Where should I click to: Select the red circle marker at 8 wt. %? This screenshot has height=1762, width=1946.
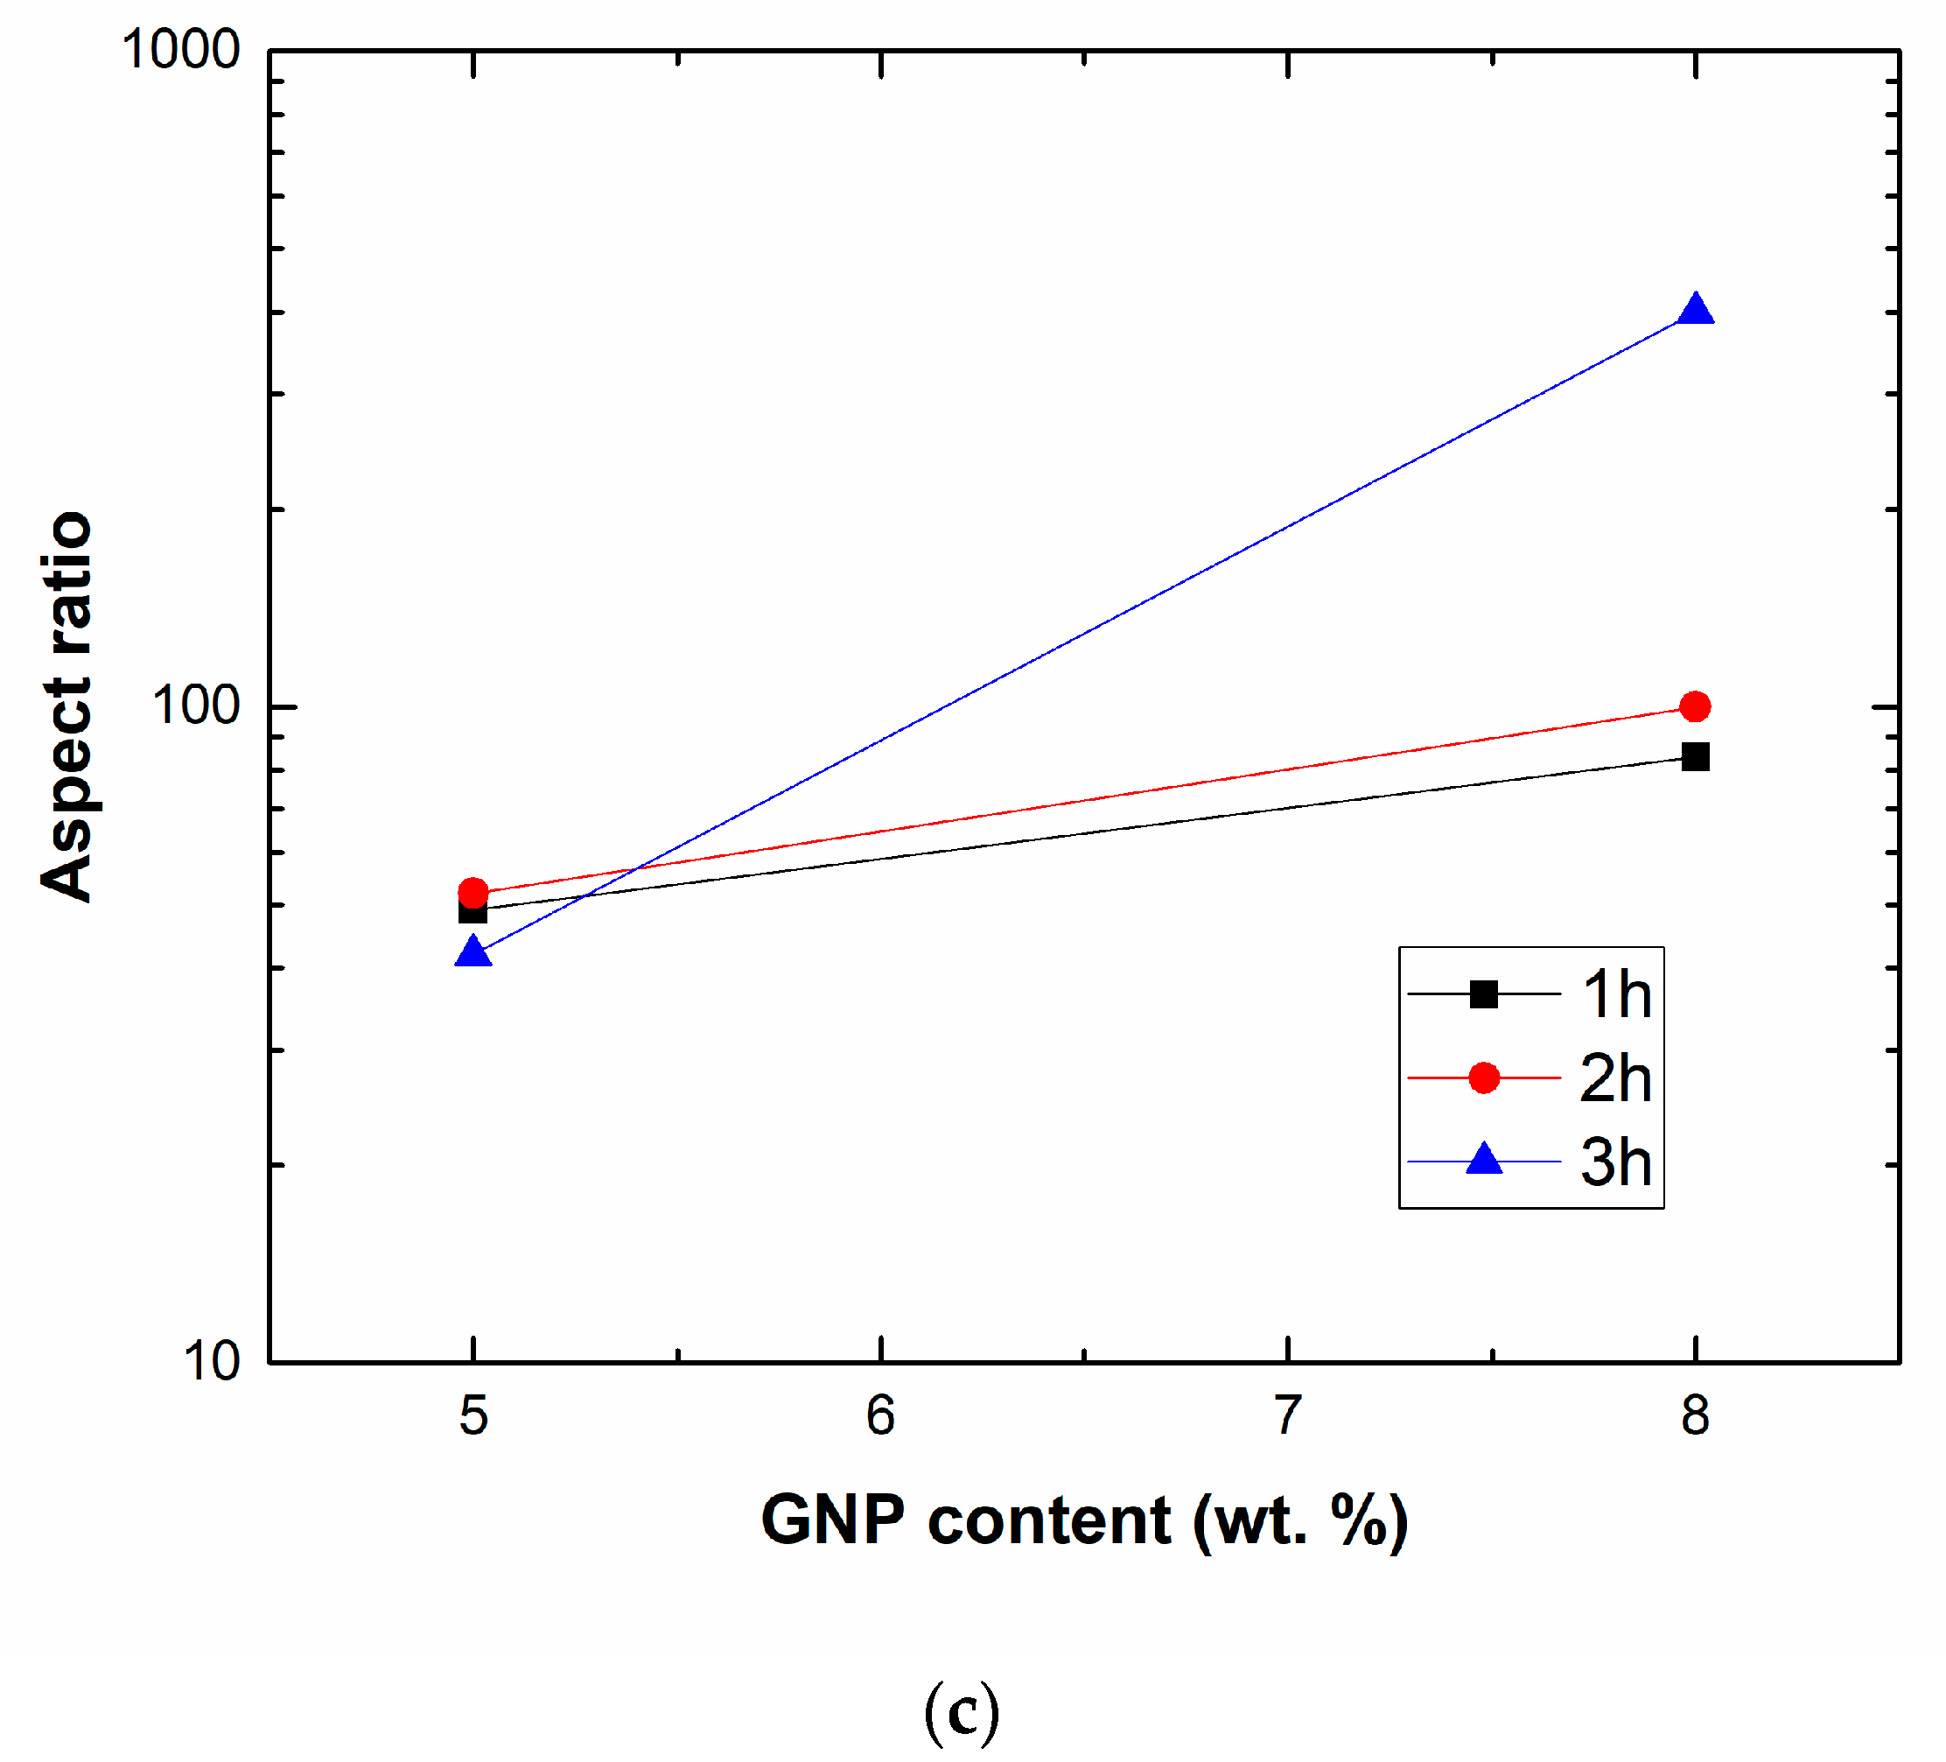[1695, 706]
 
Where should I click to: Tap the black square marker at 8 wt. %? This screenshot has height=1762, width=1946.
[1695, 757]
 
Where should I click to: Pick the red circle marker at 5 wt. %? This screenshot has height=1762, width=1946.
[473, 892]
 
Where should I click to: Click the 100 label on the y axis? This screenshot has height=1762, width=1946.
[196, 706]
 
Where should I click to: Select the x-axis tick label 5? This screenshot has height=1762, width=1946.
[473, 1416]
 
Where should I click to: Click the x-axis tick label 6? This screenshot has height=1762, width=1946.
[880, 1416]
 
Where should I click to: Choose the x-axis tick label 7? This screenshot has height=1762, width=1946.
[1288, 1416]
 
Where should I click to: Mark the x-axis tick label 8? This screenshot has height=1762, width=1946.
[1695, 1416]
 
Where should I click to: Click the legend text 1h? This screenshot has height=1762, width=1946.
[1616, 994]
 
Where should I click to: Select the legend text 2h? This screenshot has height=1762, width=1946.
[1616, 1078]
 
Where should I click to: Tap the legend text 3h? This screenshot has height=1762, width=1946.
[1616, 1162]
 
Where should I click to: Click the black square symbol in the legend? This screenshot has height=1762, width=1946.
[1484, 994]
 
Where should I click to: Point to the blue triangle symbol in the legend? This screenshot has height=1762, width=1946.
[1484, 1160]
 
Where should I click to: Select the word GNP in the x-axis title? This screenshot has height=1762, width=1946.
[832, 1520]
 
